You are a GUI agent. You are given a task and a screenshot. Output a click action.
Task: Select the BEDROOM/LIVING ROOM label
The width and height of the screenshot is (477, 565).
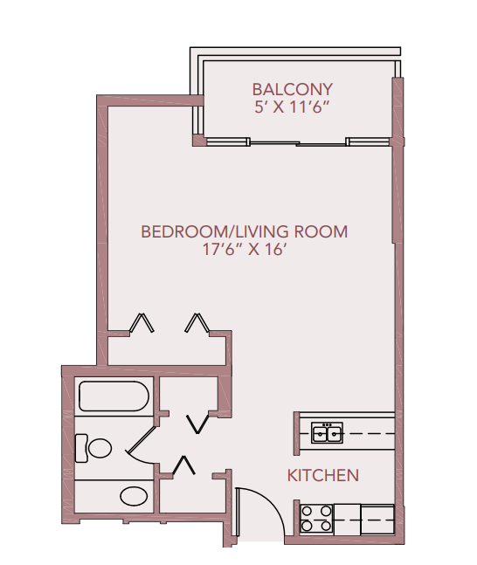point(244,231)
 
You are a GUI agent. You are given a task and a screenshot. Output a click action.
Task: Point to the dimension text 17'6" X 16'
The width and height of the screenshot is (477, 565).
point(244,250)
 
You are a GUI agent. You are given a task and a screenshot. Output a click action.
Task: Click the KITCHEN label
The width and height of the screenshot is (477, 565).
point(322,476)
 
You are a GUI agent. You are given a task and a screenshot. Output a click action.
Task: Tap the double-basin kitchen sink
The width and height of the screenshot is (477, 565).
point(328,432)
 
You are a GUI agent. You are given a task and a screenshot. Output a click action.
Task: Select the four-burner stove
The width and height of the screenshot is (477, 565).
point(315,520)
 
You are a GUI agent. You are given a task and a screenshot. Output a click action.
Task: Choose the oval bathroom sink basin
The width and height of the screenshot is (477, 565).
point(134,497)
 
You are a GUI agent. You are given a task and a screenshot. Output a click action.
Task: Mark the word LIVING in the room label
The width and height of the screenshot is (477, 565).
point(261,231)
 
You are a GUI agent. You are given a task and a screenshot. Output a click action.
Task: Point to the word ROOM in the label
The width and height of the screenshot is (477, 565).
point(321,231)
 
